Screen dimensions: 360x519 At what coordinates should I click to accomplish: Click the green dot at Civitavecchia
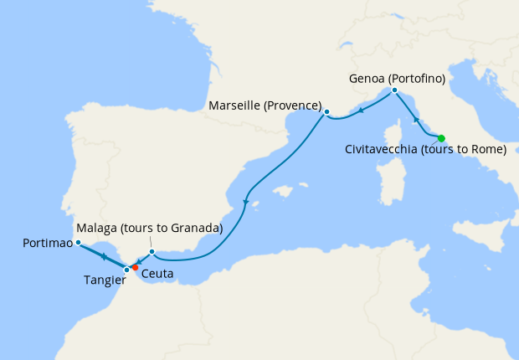pos(441,138)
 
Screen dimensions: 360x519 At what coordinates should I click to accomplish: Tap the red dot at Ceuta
pos(135,268)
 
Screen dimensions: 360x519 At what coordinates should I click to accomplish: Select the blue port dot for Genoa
pos(393,90)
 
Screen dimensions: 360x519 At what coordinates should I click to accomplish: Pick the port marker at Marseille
pos(326,111)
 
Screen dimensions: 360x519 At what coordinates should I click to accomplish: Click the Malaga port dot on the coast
pos(152,251)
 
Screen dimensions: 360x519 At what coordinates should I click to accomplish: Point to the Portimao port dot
pos(77,243)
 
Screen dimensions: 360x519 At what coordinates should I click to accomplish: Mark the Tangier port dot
pos(126,270)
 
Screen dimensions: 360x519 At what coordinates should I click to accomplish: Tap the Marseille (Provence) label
pos(265,105)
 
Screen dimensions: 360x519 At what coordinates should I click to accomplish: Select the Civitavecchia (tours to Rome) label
pos(426,151)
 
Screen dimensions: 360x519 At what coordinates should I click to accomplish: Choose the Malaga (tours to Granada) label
pos(149,229)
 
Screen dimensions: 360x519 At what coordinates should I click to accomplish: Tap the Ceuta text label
pos(158,274)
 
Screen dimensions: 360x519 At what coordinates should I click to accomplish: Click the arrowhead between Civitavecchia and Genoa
pos(416,121)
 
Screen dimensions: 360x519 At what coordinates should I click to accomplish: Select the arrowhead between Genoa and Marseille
pos(360,111)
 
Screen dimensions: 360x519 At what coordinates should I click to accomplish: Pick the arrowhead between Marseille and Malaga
pos(244,201)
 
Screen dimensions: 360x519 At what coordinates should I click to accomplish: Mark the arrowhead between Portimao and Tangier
pos(103,255)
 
